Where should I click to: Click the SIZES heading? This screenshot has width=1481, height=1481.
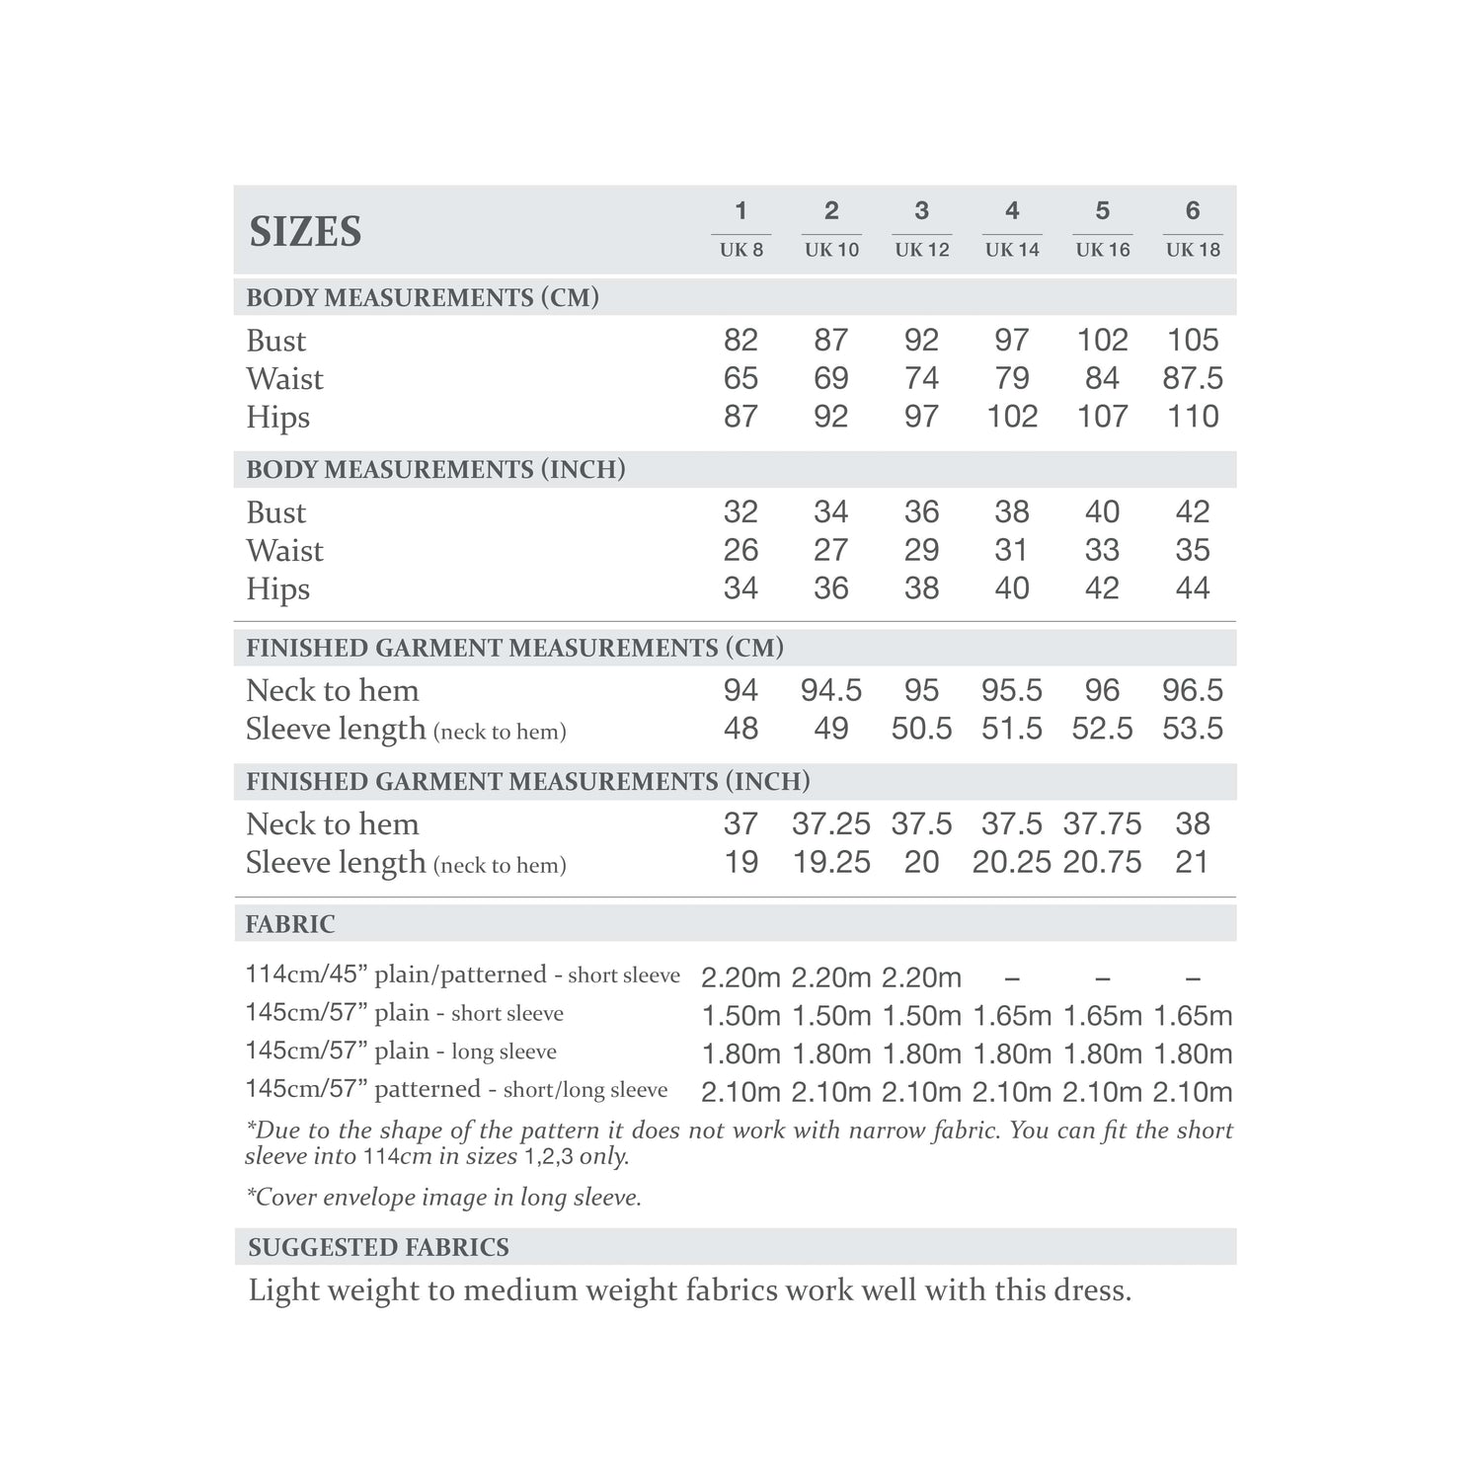pyautogui.click(x=305, y=231)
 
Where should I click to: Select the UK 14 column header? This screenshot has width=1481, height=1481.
pyautogui.click(x=1012, y=250)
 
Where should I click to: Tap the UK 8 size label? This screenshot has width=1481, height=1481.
pyautogui.click(x=740, y=250)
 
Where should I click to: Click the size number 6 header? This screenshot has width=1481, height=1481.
pyautogui.click(x=1193, y=210)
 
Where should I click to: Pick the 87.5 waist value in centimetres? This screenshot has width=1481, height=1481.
pyautogui.click(x=1193, y=378)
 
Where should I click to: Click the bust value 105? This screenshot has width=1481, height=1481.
pyautogui.click(x=1193, y=340)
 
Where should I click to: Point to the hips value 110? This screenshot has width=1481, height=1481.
pyautogui.click(x=1193, y=417)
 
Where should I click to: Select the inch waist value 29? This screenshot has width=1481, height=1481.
pyautogui.click(x=921, y=550)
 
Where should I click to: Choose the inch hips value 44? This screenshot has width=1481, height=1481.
pyautogui.click(x=1193, y=588)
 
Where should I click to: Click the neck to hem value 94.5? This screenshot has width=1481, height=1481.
pyautogui.click(x=830, y=690)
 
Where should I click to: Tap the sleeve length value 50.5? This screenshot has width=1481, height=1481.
pyautogui.click(x=921, y=729)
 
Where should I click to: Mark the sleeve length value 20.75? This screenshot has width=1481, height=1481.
pyautogui.click(x=1102, y=862)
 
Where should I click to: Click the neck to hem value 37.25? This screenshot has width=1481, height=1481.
pyautogui.click(x=830, y=823)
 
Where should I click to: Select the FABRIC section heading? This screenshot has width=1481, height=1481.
pyautogui.click(x=290, y=924)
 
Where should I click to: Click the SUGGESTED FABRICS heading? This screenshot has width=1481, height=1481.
pyautogui.click(x=378, y=1247)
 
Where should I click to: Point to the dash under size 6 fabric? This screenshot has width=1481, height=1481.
pyautogui.click(x=1193, y=977)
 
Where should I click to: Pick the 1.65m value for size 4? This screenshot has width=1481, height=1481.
pyautogui.click(x=1012, y=1015)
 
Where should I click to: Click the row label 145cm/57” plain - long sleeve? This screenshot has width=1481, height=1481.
pyautogui.click(x=401, y=1052)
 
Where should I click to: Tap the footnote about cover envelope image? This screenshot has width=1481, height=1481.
pyautogui.click(x=443, y=1198)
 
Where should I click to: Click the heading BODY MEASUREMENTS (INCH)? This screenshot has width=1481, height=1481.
pyautogui.click(x=435, y=469)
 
